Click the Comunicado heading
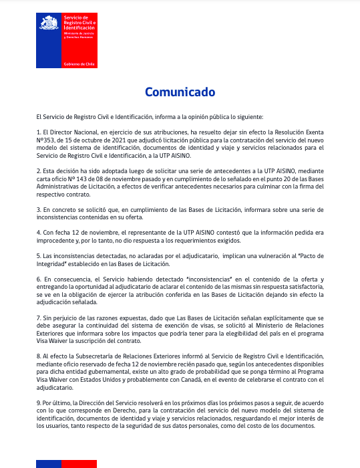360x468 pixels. pyautogui.click(x=180, y=92)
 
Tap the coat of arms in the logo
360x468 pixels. pyautogui.click(x=48, y=25)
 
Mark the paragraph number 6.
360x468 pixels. pyautogui.click(x=39, y=278)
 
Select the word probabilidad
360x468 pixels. pyautogui.click(x=193, y=369)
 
